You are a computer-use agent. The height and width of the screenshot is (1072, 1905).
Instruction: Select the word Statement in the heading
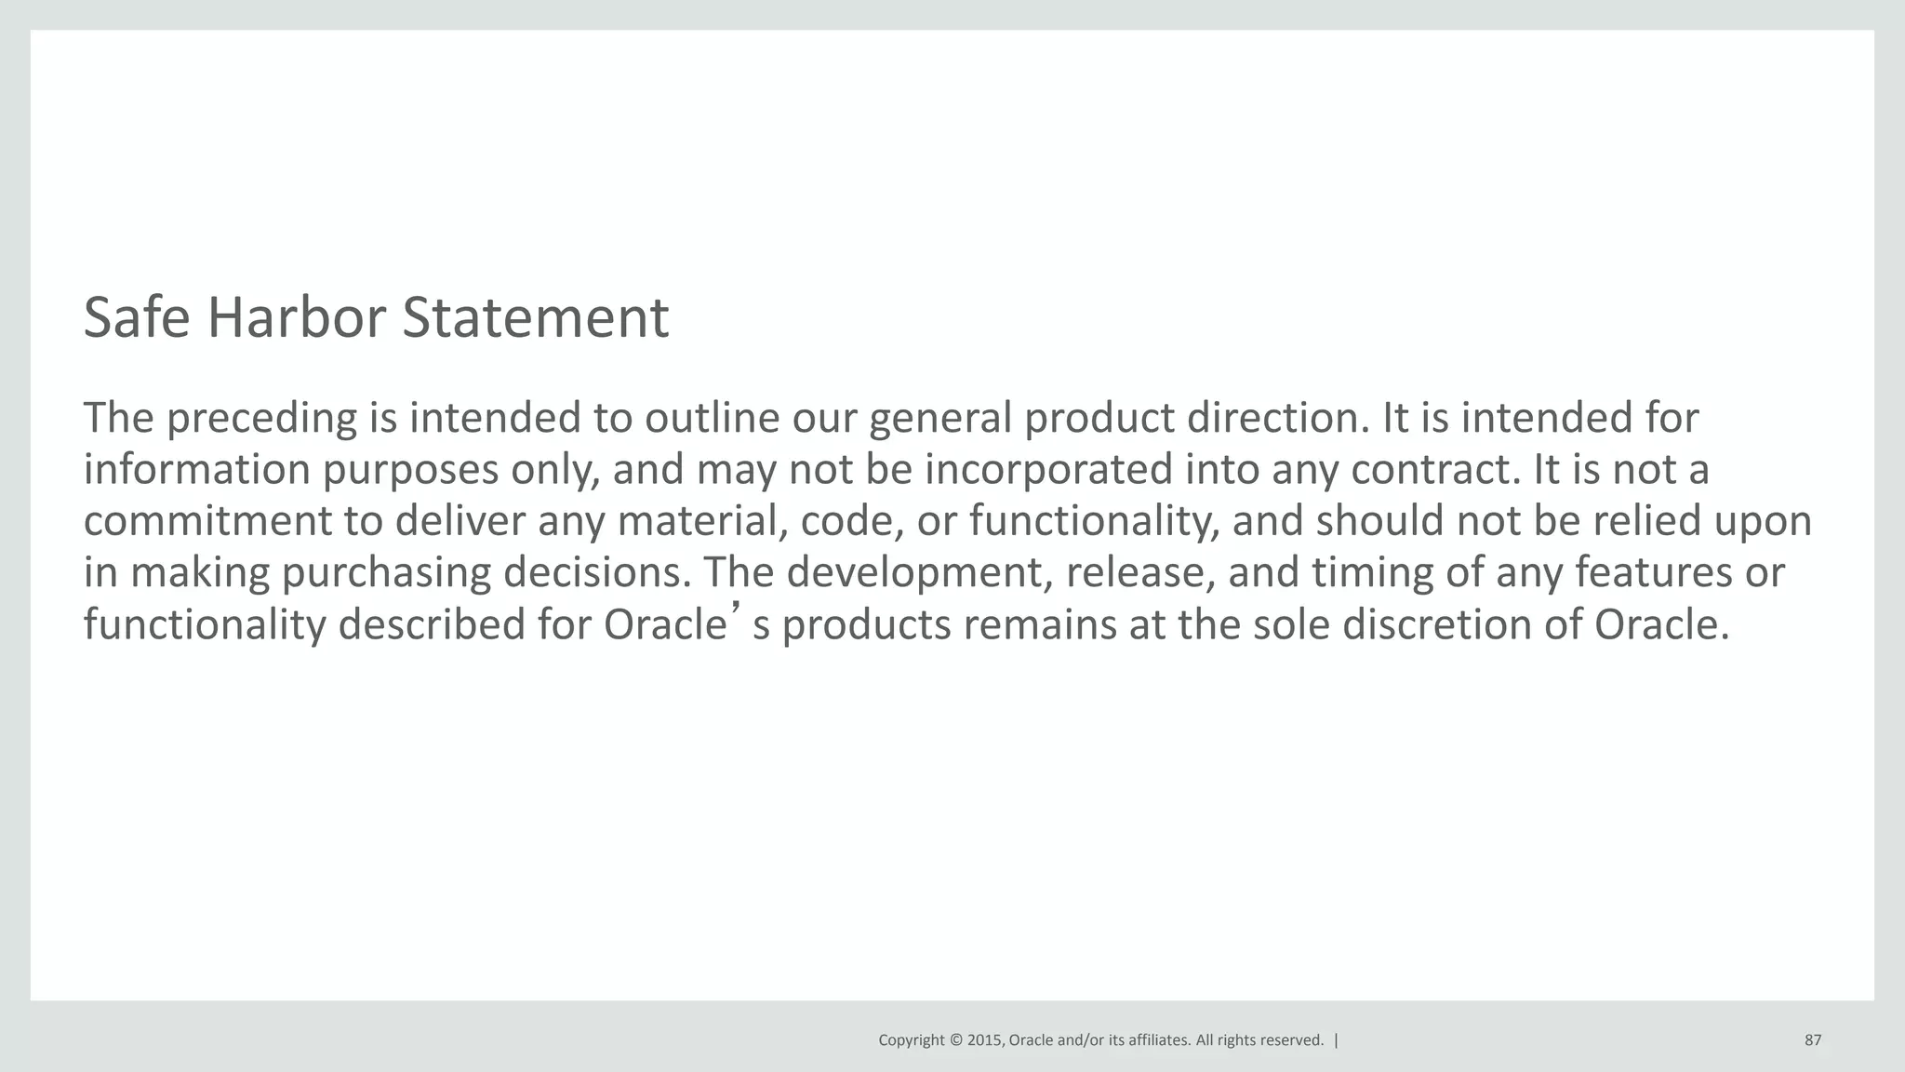535,318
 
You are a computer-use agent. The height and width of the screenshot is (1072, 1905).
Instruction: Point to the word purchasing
386,573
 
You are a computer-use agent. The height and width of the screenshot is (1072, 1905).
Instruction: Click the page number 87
1813,1040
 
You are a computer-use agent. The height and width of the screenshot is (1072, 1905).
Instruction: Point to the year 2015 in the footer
985,1040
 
